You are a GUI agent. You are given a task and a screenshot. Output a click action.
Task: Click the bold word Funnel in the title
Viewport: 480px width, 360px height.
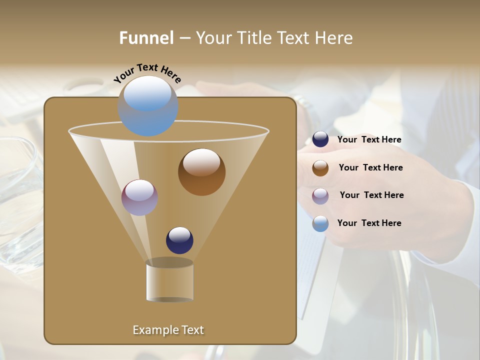pyautogui.click(x=146, y=38)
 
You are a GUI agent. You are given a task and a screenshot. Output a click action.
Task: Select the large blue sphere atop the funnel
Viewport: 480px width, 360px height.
pyautogui.click(x=148, y=106)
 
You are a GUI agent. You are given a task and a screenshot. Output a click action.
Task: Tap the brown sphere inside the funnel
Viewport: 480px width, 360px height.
pyautogui.click(x=201, y=172)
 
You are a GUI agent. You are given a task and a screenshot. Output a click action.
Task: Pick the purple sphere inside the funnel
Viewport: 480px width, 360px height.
pyautogui.click(x=140, y=197)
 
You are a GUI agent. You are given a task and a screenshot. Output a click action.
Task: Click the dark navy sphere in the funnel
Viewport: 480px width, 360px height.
pyautogui.click(x=179, y=240)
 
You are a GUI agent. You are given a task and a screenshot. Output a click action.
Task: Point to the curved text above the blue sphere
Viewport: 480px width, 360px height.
pyautogui.click(x=147, y=73)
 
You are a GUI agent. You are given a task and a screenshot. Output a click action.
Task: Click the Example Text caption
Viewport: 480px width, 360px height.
pyautogui.click(x=168, y=330)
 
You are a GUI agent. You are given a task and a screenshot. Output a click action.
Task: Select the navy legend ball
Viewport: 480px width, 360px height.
pyautogui.click(x=320, y=139)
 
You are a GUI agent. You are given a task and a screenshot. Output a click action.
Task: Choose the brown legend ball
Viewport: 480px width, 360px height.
pyautogui.click(x=320, y=168)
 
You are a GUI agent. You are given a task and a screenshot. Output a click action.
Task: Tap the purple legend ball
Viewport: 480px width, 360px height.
pyautogui.click(x=320, y=196)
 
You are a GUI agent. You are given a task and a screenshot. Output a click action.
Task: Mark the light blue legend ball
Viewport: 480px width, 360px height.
pyautogui.click(x=320, y=223)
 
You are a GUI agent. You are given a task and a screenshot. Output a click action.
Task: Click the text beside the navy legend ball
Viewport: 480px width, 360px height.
pyautogui.click(x=369, y=140)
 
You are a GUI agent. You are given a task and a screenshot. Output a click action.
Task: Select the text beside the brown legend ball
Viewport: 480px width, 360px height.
pyautogui.click(x=370, y=168)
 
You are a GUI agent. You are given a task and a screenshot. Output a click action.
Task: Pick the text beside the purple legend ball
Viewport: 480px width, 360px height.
pyautogui.click(x=371, y=195)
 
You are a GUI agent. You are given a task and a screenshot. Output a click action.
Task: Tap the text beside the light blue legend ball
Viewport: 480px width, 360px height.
pyautogui.click(x=369, y=223)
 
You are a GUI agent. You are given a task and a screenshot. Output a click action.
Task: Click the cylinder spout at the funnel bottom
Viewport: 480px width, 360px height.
pyautogui.click(x=170, y=281)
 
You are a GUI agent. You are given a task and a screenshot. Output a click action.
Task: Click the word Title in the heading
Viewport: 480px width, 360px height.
pyautogui.click(x=255, y=38)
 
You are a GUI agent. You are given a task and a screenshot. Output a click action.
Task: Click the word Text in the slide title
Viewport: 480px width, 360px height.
pyautogui.click(x=292, y=38)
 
